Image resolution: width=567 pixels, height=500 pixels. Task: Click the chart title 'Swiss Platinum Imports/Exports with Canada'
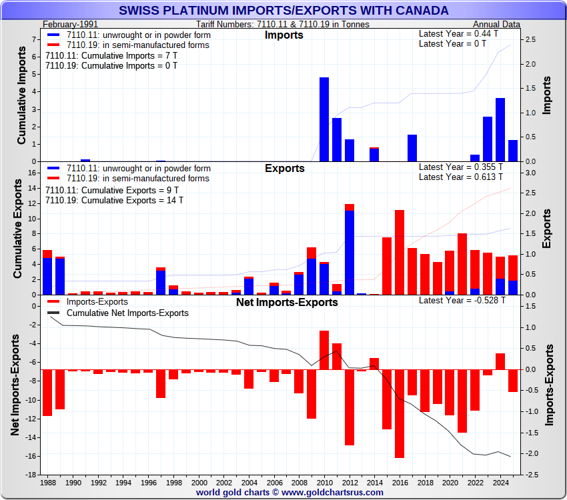[x=283, y=11]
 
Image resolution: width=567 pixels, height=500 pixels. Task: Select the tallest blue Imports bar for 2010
[x=324, y=119]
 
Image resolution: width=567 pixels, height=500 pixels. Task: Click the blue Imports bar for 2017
[x=412, y=148]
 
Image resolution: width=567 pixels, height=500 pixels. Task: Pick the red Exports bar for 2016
[x=400, y=252]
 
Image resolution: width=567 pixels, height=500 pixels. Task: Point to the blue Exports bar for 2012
[x=350, y=252]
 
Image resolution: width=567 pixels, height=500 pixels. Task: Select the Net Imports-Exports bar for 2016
[x=400, y=413]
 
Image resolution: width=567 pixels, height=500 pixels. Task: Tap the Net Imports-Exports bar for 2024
[x=500, y=361]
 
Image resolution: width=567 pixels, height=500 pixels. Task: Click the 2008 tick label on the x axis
[x=299, y=482]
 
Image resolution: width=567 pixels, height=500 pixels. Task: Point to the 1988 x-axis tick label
[x=48, y=482]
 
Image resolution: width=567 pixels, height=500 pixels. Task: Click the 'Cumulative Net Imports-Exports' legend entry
[x=127, y=313]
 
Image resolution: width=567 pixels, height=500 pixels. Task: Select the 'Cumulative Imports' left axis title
[x=21, y=99]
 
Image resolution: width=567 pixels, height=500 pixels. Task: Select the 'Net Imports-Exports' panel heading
[x=287, y=302]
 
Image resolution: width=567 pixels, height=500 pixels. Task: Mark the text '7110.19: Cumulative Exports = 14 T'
[x=114, y=200]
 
